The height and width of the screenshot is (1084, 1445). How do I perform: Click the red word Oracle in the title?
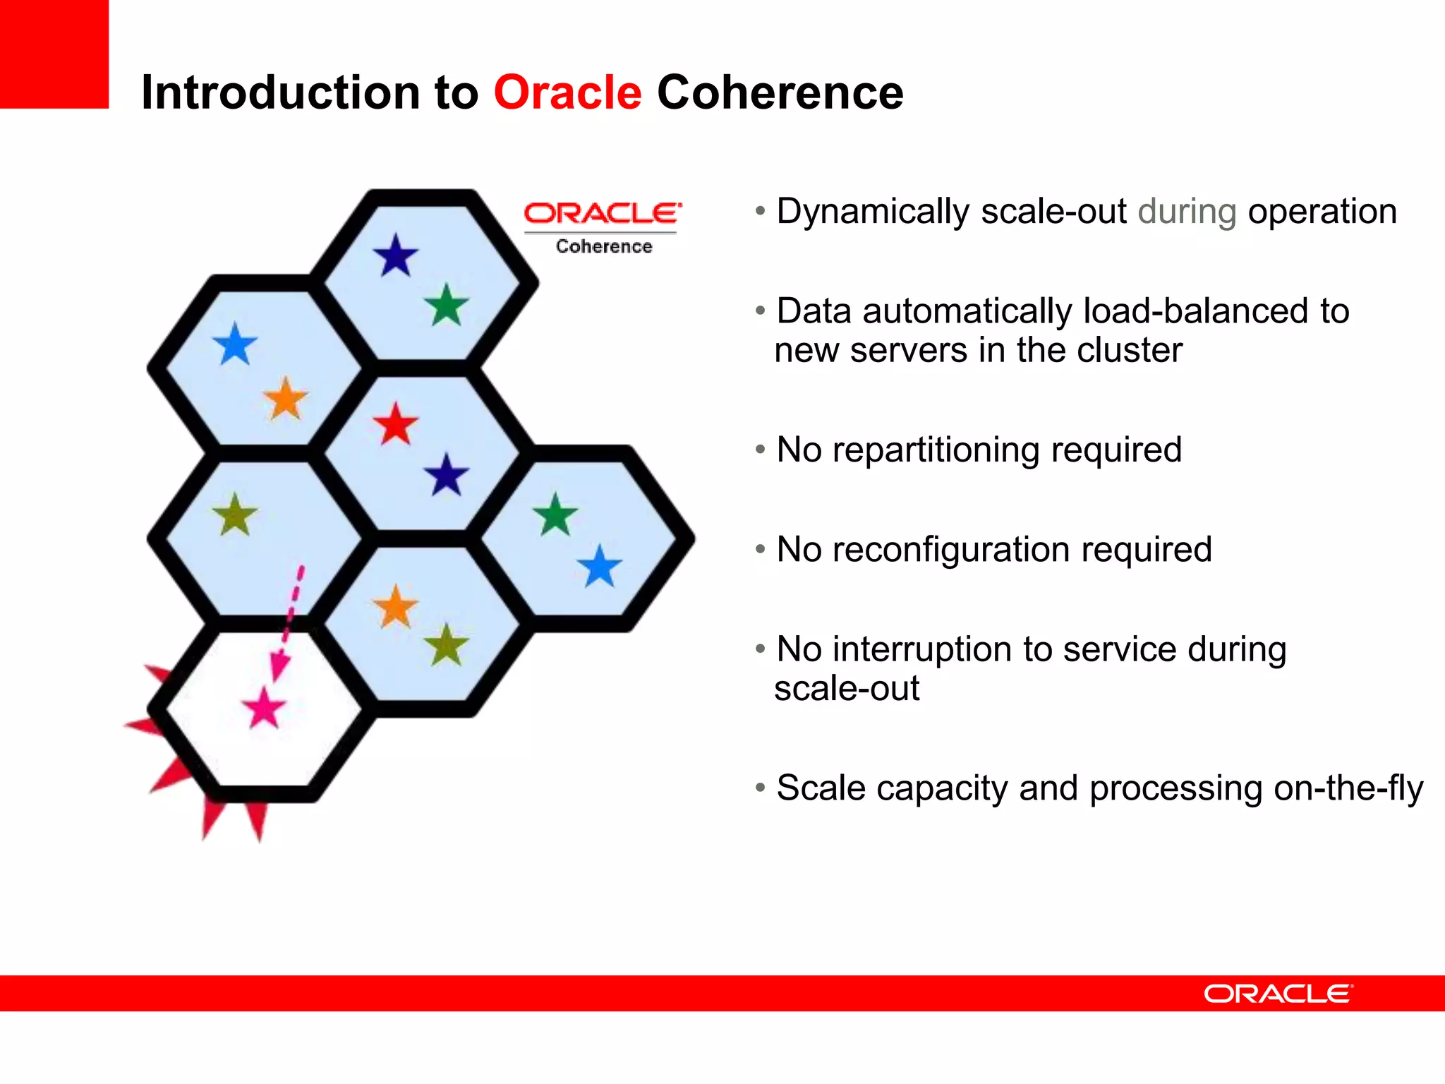567,92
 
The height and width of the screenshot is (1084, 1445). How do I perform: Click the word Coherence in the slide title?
780,92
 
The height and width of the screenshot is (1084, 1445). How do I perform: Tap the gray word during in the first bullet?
1187,212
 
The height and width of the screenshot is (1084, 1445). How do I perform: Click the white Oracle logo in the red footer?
1278,994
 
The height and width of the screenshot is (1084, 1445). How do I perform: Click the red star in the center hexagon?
396,424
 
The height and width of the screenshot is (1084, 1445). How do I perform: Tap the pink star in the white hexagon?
264,707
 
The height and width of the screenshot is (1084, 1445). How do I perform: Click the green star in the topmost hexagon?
447,306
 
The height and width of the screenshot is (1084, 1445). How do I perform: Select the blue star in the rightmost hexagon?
600,566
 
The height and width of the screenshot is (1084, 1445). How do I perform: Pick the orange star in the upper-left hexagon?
286,399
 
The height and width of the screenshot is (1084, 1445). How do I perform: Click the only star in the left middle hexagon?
235,515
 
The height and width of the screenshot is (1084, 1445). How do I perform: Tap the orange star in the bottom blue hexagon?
396,607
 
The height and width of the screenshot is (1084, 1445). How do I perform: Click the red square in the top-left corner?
54,54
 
